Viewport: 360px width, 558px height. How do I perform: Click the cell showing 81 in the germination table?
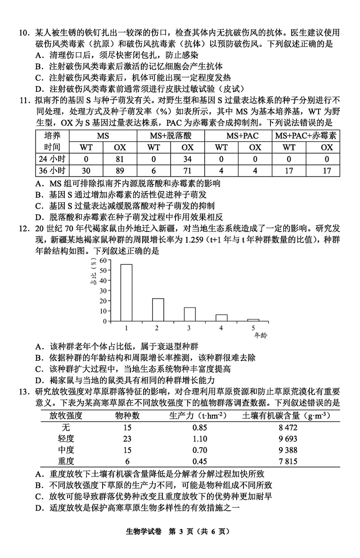[120, 159]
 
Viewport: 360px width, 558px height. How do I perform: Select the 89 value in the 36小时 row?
[120, 171]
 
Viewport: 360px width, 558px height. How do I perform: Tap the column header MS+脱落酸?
[171, 136]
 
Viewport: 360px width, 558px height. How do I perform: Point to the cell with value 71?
[187, 171]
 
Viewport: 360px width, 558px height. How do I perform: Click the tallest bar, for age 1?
[126, 293]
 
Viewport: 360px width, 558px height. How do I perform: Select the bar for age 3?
[189, 314]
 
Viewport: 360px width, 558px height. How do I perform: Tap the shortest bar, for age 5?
[253, 320]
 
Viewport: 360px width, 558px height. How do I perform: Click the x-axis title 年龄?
[261, 336]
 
